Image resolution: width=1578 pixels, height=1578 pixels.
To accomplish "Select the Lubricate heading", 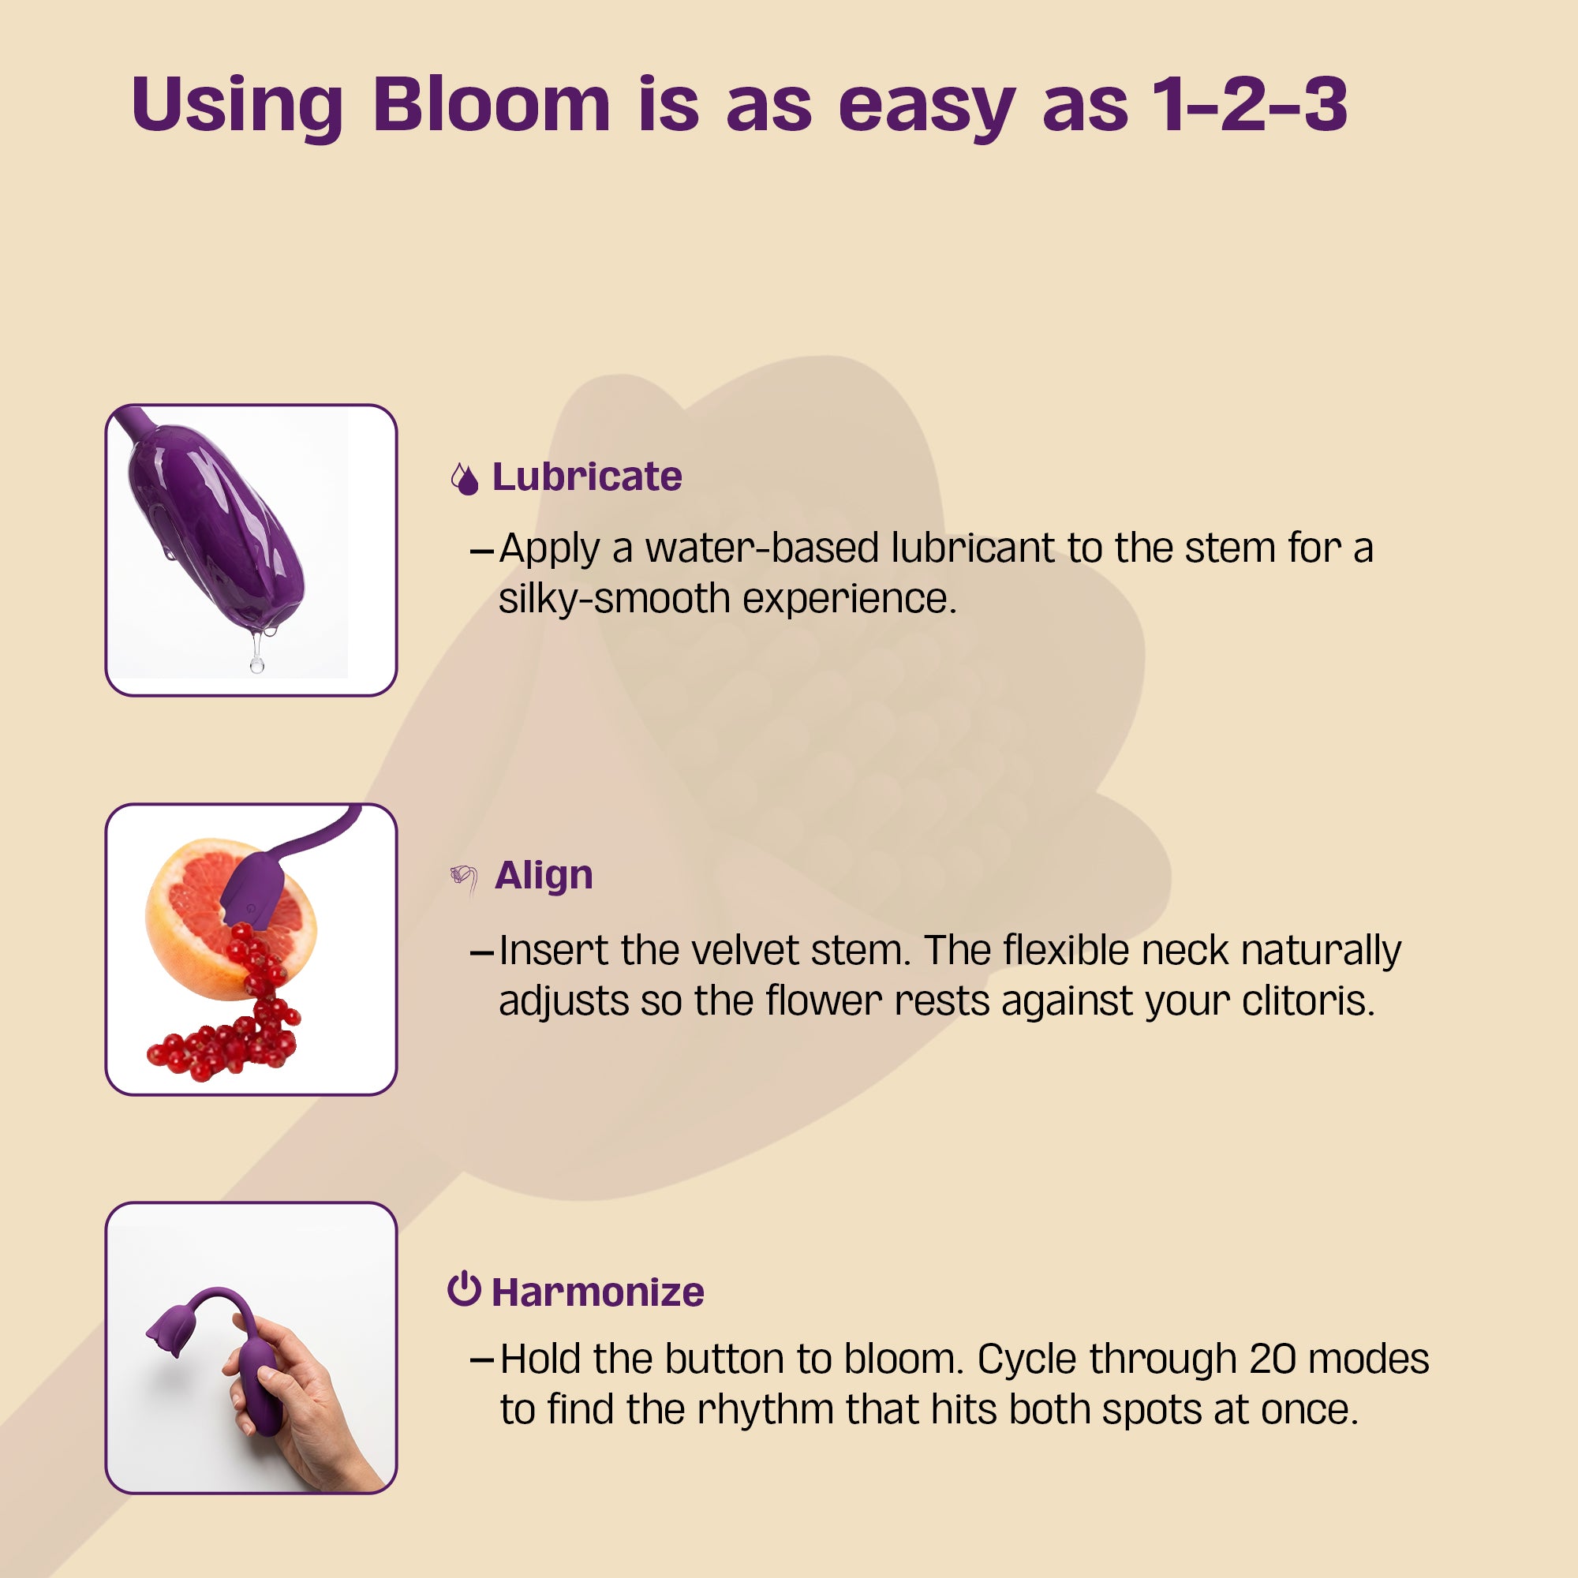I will click(x=586, y=477).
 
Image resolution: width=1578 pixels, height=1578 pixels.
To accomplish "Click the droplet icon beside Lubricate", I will click(x=465, y=480).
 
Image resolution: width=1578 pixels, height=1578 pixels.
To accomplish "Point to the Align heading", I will click(x=543, y=876).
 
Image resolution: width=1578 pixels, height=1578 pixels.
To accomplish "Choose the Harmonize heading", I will click(x=597, y=1293).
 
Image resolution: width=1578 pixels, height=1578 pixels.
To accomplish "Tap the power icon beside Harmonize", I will click(x=464, y=1290).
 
